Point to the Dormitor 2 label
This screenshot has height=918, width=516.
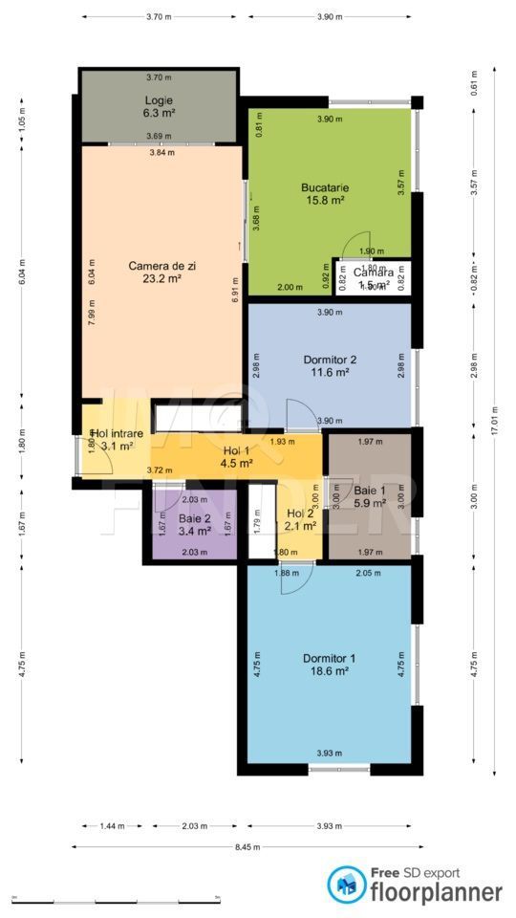330,360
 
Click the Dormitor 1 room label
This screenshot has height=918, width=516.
330,658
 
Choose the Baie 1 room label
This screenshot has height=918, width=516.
370,489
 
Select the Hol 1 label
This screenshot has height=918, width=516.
237,451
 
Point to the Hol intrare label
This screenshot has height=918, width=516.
118,433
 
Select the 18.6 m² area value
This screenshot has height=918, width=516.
330,671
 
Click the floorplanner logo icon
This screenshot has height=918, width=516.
346,885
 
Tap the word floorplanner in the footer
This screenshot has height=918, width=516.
437,892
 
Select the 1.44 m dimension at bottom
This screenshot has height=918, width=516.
113,826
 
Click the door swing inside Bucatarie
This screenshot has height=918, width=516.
355,247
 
